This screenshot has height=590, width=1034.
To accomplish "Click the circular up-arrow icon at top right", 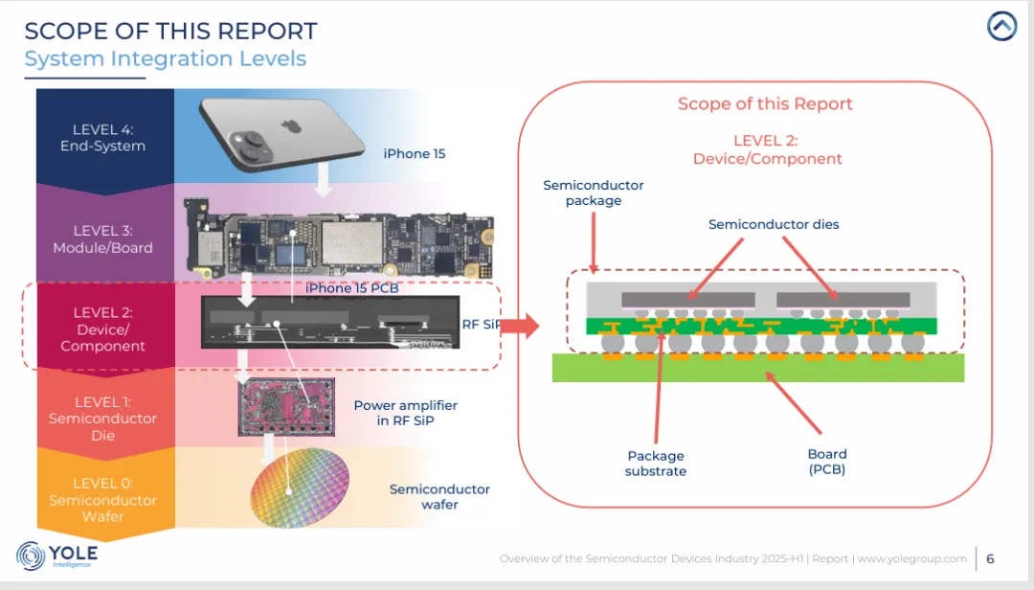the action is click(x=1001, y=27).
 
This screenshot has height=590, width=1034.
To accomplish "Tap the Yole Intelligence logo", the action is click(x=56, y=556).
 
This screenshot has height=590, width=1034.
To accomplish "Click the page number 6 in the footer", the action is click(x=990, y=559).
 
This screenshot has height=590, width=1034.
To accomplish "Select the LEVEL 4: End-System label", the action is click(x=102, y=138).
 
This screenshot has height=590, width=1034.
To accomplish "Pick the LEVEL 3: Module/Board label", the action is click(x=102, y=238).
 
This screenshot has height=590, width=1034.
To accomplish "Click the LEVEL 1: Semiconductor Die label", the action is click(x=102, y=419).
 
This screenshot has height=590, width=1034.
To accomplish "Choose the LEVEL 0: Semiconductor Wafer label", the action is click(x=102, y=500).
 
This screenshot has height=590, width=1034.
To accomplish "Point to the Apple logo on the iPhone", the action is click(x=287, y=125).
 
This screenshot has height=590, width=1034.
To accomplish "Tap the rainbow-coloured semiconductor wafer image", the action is click(x=300, y=488).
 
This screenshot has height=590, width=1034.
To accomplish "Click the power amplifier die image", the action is click(x=286, y=407).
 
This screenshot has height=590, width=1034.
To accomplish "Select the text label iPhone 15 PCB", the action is click(x=352, y=288).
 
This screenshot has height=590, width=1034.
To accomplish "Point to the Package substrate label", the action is click(x=656, y=464).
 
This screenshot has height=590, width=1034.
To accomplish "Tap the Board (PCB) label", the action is click(x=827, y=462).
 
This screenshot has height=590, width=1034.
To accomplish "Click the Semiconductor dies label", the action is click(x=774, y=224).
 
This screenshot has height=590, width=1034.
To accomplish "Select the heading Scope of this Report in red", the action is click(x=765, y=103).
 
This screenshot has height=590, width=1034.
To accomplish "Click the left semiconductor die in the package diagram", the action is click(x=687, y=300).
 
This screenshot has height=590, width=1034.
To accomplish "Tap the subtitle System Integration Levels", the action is click(x=166, y=58).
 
